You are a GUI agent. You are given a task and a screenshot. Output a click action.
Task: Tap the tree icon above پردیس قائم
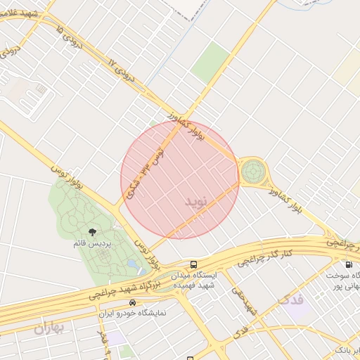click(92, 231)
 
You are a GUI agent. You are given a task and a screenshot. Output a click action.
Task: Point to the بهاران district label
click(48, 328)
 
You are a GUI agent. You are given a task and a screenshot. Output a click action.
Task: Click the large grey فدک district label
click(290, 300)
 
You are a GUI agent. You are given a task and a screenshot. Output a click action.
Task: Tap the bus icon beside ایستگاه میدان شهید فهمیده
click(193, 265)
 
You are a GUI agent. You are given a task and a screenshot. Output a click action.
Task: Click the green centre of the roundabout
click(253, 170)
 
